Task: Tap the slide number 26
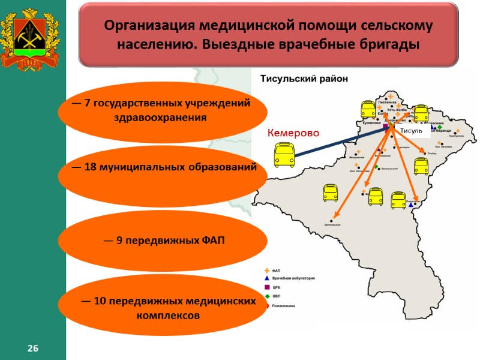[32, 349]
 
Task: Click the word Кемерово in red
[293, 133]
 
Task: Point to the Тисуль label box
[411, 131]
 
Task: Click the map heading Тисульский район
[303, 79]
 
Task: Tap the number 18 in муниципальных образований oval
[91, 167]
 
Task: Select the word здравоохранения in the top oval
[160, 118]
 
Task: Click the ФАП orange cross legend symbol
[266, 270]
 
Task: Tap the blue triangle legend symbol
[266, 278]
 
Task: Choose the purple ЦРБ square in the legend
[266, 287]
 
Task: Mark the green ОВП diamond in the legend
[266, 296]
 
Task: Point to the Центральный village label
[332, 224]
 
